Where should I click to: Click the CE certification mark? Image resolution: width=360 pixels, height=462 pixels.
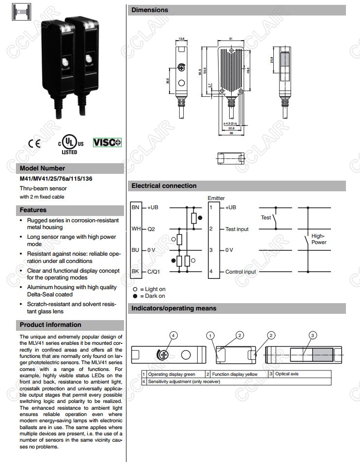click(34, 143)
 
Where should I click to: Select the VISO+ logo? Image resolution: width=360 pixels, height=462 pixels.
click(107, 142)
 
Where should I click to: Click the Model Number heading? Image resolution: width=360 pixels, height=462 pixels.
click(42, 169)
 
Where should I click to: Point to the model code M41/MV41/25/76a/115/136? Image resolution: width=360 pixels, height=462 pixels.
click(56, 179)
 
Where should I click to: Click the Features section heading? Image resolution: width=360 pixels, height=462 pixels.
click(33, 210)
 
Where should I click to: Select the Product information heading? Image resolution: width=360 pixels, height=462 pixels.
click(50, 325)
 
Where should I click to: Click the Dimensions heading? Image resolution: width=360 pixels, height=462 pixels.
click(150, 10)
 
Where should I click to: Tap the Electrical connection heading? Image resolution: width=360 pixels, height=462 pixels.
click(164, 186)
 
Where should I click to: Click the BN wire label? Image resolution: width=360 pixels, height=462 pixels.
click(135, 207)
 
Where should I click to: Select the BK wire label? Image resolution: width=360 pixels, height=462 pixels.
click(135, 271)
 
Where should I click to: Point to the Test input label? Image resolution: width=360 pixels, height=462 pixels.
click(237, 229)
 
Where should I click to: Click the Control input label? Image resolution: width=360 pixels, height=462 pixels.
click(240, 272)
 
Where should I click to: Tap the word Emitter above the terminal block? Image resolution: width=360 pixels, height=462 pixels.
click(216, 199)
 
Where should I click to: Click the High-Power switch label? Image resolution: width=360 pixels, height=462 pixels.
click(319, 239)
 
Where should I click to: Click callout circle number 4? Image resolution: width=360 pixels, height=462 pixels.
click(174, 335)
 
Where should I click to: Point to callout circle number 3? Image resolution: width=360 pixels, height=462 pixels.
click(313, 335)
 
